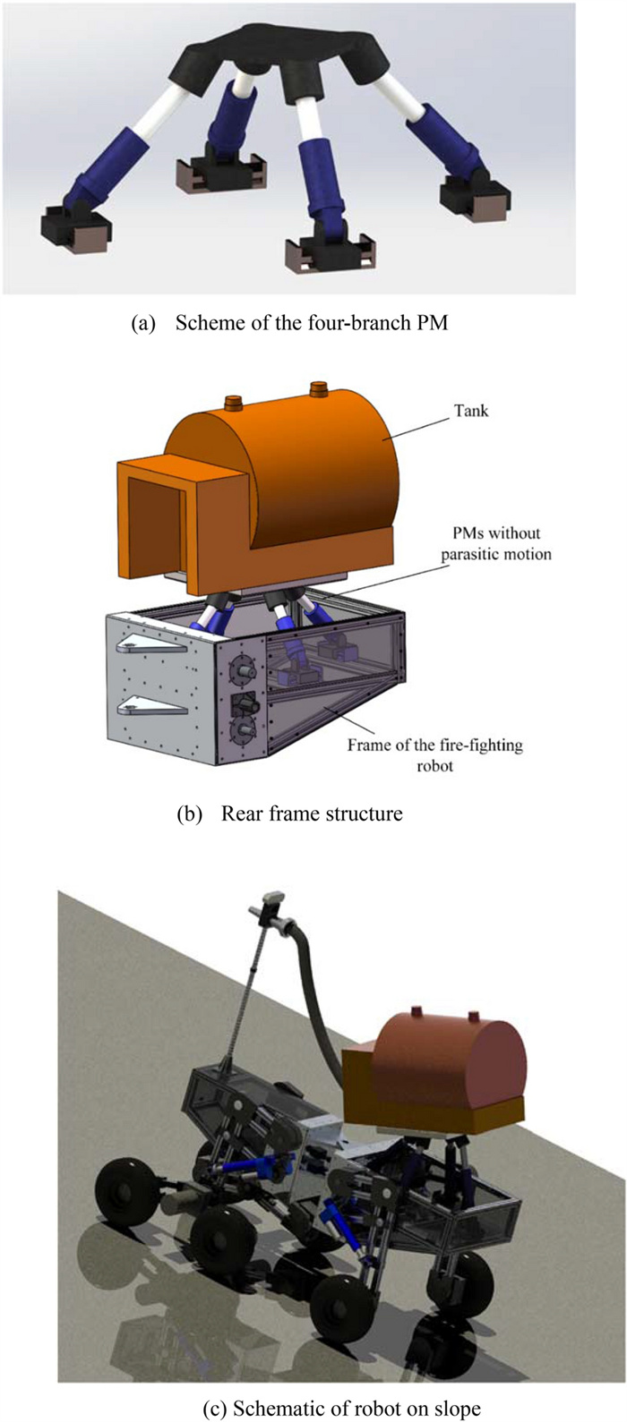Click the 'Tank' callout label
coord(471,411)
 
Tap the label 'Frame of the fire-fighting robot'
coord(434,754)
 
